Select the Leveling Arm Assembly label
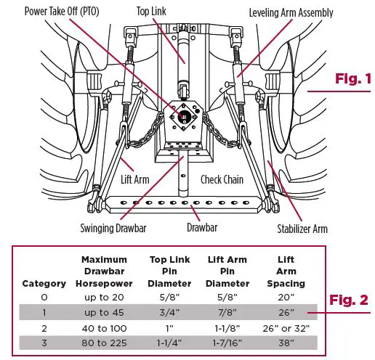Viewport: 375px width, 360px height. (291, 12)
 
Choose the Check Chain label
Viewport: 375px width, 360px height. (222, 179)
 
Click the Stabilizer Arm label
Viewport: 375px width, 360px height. (302, 229)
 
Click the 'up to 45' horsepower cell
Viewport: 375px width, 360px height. (104, 312)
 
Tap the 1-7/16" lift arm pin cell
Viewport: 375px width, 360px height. (226, 343)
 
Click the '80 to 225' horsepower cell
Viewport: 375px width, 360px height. (104, 343)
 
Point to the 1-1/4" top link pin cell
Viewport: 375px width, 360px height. (169, 343)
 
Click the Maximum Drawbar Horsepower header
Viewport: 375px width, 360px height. (105, 271)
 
